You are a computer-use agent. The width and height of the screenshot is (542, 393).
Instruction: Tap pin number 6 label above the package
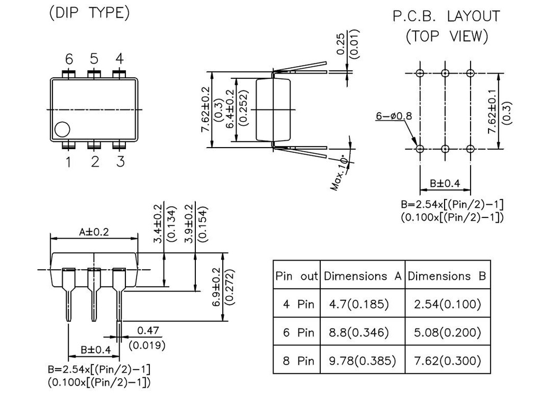click(x=68, y=59)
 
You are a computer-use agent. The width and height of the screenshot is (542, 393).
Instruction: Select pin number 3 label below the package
click(x=120, y=161)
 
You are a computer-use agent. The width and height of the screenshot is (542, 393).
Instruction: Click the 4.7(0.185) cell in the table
click(x=359, y=304)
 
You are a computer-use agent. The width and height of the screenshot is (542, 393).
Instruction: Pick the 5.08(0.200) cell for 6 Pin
click(x=448, y=333)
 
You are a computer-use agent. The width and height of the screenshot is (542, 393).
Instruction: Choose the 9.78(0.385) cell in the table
click(x=363, y=361)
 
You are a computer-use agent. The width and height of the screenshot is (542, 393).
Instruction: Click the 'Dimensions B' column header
click(x=447, y=276)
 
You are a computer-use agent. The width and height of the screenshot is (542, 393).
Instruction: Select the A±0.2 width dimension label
click(x=94, y=232)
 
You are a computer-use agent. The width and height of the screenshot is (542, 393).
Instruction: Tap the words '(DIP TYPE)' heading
click(x=89, y=13)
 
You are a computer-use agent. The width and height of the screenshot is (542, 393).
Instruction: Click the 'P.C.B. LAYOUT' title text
click(x=446, y=16)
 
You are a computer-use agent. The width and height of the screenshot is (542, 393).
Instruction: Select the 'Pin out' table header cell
click(x=297, y=276)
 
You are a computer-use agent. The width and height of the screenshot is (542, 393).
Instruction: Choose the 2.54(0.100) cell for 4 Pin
click(x=448, y=304)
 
